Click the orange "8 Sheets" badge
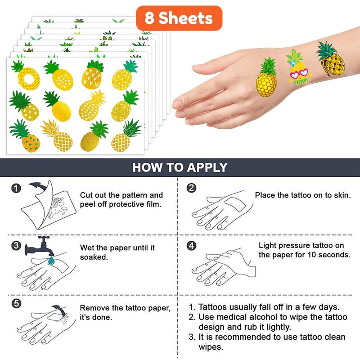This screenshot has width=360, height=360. [179, 18]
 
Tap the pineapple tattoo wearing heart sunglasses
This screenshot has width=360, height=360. [299, 67]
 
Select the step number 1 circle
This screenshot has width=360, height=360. [16, 188]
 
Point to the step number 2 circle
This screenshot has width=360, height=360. [191, 188]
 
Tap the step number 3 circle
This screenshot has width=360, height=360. [16, 246]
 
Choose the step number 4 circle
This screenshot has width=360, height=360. [191, 246]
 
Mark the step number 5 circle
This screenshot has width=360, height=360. [16, 303]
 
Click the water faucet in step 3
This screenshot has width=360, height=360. [40, 246]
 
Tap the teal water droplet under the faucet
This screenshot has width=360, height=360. [51, 261]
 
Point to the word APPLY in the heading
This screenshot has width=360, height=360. [207, 167]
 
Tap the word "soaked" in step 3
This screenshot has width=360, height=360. [94, 257]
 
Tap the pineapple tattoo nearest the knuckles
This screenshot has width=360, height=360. [267, 77]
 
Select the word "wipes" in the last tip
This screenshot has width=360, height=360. [211, 347]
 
